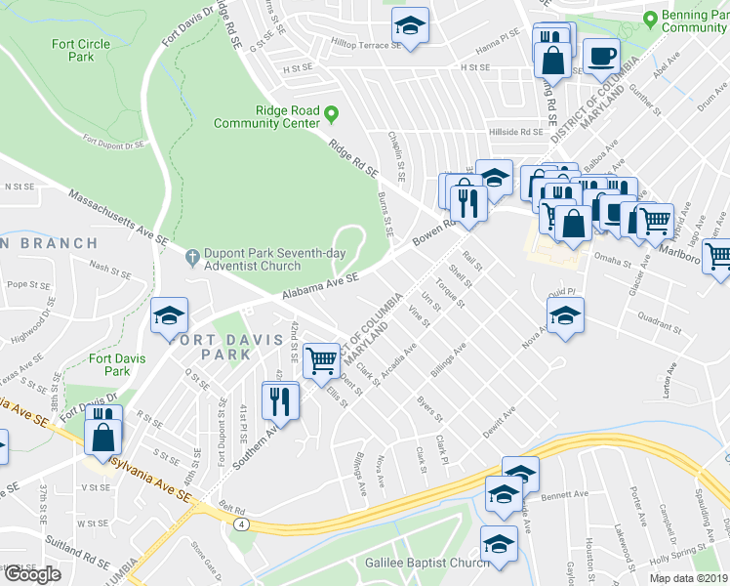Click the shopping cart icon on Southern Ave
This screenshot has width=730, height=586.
click(321, 359)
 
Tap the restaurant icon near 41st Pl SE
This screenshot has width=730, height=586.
click(280, 399)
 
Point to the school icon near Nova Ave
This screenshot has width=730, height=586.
click(564, 314)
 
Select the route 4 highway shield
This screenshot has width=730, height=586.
click(240, 523)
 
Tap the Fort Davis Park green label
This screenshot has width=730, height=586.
click(117, 364)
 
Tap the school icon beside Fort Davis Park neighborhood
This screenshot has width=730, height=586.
click(169, 315)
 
